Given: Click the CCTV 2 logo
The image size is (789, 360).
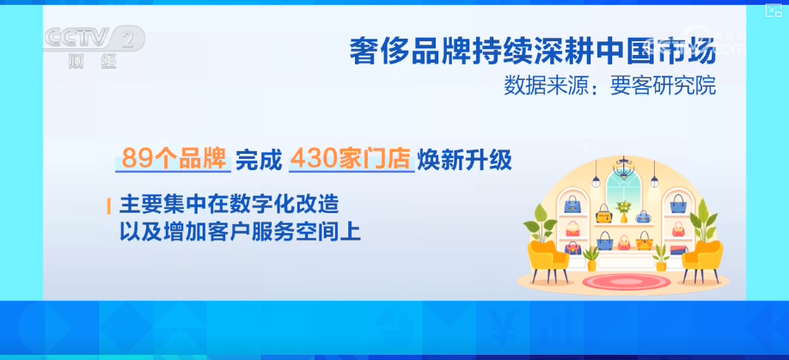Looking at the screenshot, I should point(95,39).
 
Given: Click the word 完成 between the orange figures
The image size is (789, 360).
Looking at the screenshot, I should point(257,159).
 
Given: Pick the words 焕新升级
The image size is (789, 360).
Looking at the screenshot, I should point(468,159).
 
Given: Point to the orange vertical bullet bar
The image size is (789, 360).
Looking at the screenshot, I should point(109,206).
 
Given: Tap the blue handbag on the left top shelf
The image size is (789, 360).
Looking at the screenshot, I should point(572,204).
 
